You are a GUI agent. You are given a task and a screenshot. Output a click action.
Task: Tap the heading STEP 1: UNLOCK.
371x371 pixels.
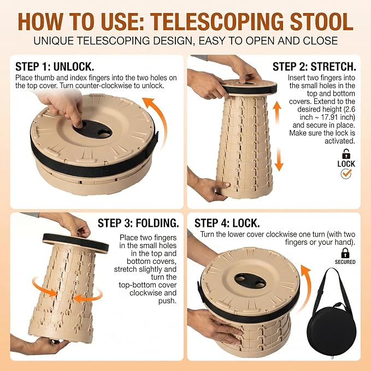click(55, 67)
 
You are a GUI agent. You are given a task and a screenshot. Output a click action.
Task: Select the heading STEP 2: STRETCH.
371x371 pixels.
click(314, 67)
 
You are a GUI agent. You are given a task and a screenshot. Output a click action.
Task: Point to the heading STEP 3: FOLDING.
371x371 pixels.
click(138, 223)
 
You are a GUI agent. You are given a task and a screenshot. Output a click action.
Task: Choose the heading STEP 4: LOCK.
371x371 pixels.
click(227, 223)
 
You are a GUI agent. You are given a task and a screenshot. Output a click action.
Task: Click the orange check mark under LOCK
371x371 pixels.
click(346, 174)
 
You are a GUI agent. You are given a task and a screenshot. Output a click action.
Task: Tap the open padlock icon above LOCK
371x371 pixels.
click(346, 154)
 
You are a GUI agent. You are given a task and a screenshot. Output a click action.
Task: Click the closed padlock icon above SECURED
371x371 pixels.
click(345, 253)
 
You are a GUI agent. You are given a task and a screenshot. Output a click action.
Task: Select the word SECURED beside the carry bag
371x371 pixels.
click(345, 262)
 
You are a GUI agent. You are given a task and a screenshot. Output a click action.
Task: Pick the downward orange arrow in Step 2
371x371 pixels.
click(279, 159)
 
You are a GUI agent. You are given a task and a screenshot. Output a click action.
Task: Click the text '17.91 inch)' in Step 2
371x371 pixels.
click(338, 117)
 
